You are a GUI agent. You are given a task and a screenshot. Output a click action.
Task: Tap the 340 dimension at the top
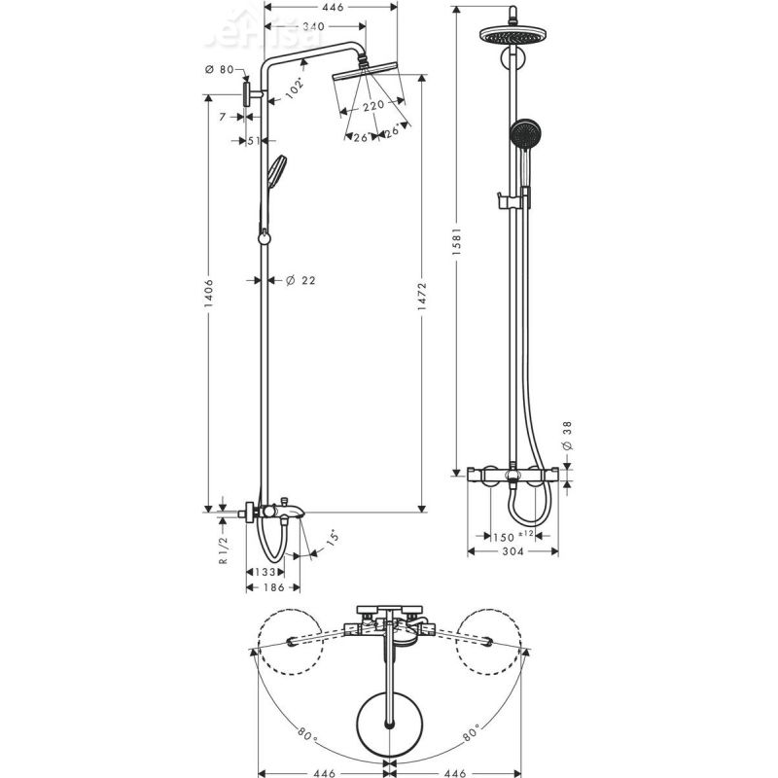(x=313, y=26)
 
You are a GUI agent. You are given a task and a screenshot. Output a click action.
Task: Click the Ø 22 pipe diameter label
(x=301, y=280)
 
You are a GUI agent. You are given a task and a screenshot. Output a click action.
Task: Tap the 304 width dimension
(x=512, y=551)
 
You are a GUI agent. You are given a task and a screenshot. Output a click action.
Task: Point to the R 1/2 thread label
(x=223, y=549)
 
